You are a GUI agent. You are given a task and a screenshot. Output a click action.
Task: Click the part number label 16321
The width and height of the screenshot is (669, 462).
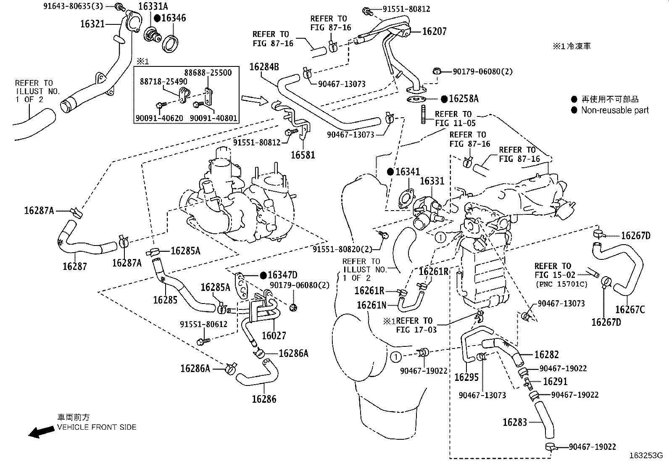[92, 24]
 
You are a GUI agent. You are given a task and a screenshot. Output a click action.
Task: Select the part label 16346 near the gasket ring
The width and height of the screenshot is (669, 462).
[173, 18]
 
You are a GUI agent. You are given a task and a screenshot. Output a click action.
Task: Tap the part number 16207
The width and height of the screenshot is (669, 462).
[434, 31]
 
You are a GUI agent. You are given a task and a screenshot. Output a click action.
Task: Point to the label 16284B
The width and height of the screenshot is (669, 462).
[264, 67]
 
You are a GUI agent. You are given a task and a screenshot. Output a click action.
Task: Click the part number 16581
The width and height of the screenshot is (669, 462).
[303, 155]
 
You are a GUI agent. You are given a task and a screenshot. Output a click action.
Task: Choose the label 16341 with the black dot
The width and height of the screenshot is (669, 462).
[407, 172]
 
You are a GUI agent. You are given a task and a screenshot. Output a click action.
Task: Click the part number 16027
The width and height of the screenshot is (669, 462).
[274, 335]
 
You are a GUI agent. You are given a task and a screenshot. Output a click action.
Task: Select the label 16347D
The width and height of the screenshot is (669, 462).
[282, 275]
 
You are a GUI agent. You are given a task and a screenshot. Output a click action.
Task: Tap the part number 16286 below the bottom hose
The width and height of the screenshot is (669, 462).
[264, 399]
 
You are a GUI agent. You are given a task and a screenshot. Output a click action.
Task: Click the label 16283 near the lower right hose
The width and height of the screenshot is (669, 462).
[514, 422]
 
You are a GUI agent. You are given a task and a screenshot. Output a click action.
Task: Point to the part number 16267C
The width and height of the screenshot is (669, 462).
[629, 310]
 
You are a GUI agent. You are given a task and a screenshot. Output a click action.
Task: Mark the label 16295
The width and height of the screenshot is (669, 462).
[466, 377]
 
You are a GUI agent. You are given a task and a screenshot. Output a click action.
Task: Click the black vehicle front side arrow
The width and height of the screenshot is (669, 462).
[40, 433]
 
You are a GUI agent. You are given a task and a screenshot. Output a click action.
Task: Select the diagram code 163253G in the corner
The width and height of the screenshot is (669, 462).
[645, 455]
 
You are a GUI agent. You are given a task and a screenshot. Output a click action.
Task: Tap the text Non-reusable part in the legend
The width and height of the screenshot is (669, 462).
[615, 110]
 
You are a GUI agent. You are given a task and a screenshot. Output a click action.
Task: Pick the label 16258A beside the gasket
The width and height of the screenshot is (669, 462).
[464, 99]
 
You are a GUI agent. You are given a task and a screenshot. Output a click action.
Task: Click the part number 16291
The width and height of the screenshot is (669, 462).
[555, 381]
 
